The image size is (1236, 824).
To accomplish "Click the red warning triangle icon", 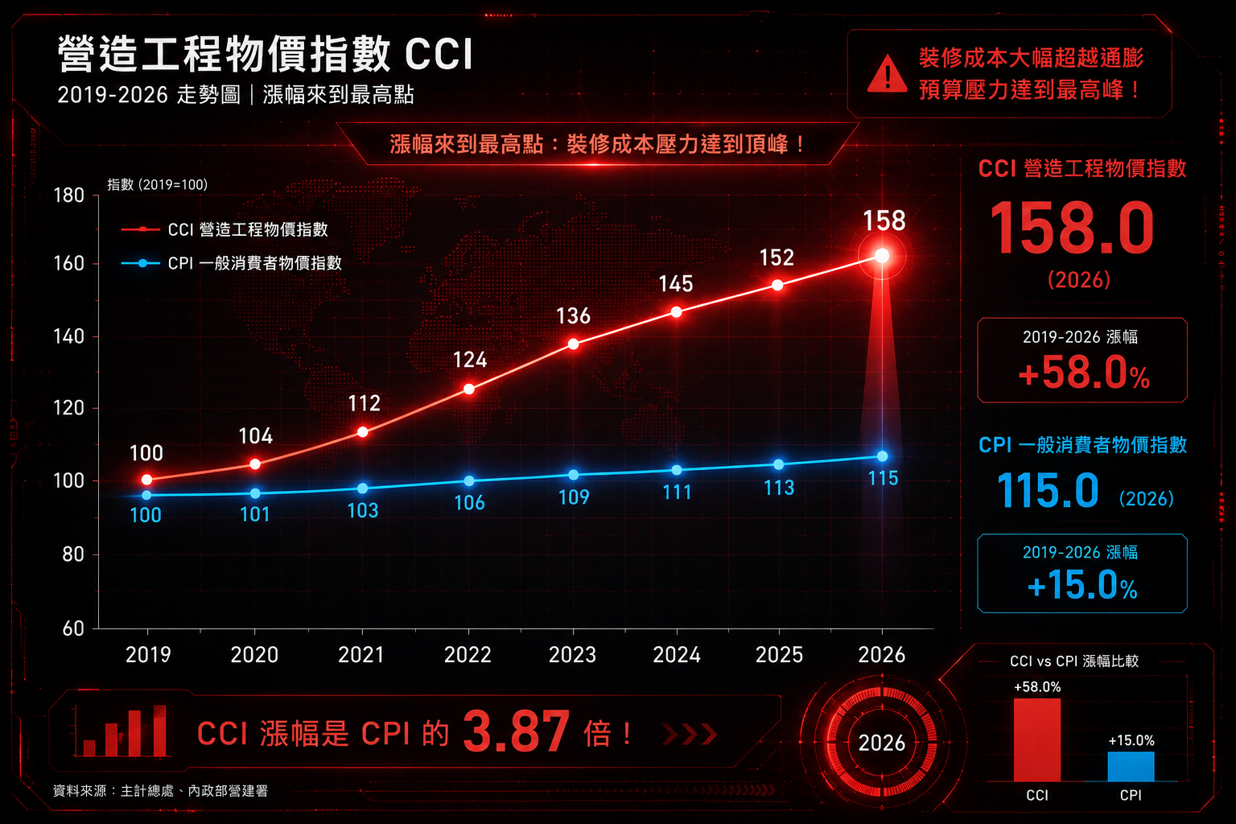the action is pos(887,75).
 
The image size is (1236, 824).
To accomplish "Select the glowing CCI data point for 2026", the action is pos(882,256).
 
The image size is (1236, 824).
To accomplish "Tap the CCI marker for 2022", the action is pos(468,389).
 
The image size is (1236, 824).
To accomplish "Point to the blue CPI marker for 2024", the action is pos(677,470).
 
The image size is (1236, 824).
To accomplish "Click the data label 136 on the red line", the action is pos(573,316).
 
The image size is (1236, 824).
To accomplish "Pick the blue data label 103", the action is pos(363,510).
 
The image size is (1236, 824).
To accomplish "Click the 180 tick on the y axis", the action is pos(69,196).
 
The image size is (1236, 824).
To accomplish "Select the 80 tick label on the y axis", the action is pos(73,554).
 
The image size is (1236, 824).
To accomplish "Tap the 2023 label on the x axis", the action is pos(572,655).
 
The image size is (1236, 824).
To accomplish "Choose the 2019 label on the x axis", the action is pos(148,655).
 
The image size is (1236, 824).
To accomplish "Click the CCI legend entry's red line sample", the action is pos(141,229).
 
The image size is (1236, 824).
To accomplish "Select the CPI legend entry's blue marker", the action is pos(142,263).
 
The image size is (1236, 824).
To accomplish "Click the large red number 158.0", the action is pos(1072,228).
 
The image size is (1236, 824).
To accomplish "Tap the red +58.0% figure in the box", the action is pos(1084,373).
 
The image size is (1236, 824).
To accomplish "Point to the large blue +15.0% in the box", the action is pos(1082,585).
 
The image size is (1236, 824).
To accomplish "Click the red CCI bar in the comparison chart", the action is pos(1036,740).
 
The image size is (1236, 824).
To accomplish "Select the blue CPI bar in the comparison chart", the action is pos(1131,766).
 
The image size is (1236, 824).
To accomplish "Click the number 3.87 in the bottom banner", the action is pos(516,731).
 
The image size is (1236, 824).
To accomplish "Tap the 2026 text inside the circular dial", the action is pos(882,743).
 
